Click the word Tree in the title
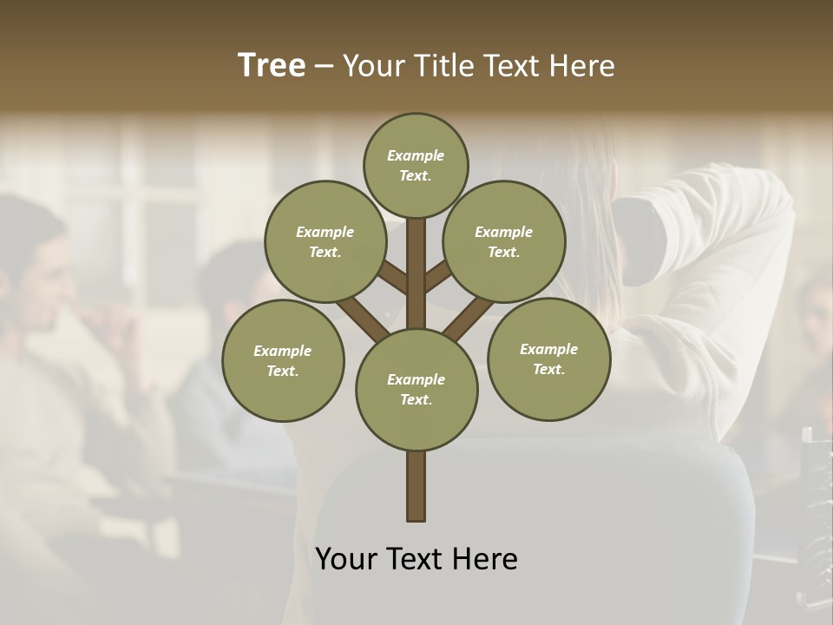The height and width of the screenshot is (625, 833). (272, 66)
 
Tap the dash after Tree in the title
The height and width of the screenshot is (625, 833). (324, 67)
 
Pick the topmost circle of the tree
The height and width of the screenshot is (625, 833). (416, 165)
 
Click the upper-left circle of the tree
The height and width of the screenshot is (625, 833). (325, 241)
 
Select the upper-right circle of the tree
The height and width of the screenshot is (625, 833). (503, 241)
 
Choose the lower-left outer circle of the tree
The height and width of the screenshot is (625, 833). (283, 360)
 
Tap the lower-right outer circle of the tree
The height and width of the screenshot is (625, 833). (548, 359)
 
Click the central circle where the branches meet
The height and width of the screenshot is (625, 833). (416, 389)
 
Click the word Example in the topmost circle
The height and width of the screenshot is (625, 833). (416, 156)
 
